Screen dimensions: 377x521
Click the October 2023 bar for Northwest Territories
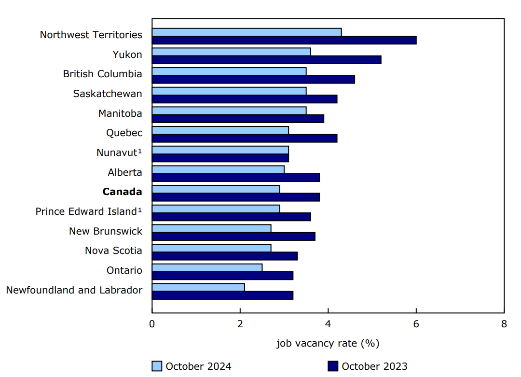click(284, 40)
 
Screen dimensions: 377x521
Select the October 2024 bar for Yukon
click(231, 52)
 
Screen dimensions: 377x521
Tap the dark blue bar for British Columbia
click(253, 79)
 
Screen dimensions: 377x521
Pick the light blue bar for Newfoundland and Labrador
click(198, 287)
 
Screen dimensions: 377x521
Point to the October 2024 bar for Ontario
click(207, 267)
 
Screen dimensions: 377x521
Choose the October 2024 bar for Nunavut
click(220, 150)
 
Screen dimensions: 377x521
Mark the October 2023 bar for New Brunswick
click(233, 237)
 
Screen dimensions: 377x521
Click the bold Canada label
click(122, 192)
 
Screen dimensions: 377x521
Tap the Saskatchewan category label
click(108, 94)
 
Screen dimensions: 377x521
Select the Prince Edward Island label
click(89, 211)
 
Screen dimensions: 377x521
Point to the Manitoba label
click(120, 113)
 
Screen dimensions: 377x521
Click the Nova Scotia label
click(113, 251)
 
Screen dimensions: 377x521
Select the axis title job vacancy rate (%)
click(328, 343)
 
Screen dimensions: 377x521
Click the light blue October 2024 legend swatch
click(157, 366)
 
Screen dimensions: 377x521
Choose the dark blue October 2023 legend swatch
click(333, 366)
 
